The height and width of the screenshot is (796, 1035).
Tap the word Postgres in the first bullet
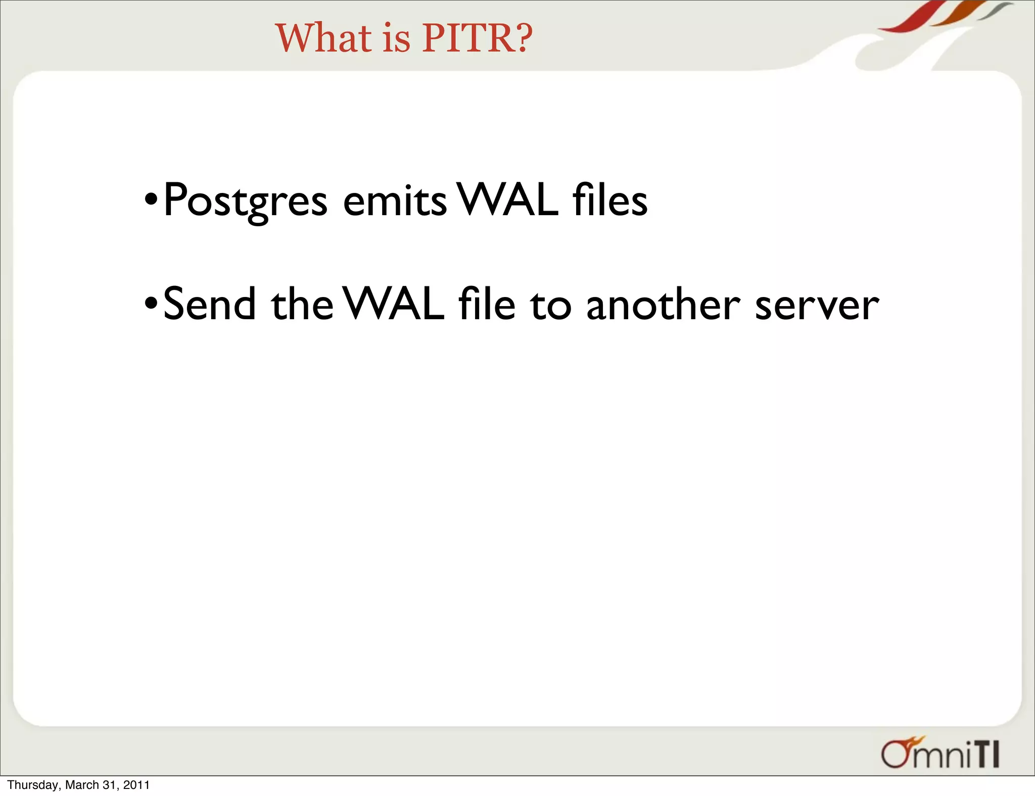(x=246, y=201)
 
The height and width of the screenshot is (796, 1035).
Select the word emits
(x=395, y=201)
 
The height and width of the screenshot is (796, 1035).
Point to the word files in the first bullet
(x=610, y=201)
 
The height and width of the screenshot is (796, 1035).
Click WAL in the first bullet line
(x=507, y=201)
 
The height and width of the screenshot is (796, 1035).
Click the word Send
(x=210, y=304)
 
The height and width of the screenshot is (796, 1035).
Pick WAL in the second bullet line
(x=394, y=304)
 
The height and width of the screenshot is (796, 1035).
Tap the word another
(x=663, y=304)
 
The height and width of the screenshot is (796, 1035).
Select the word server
(x=817, y=305)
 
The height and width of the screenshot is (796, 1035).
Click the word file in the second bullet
(x=487, y=304)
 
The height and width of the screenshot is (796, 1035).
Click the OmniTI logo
(x=940, y=754)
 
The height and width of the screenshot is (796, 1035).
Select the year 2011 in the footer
(x=136, y=785)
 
